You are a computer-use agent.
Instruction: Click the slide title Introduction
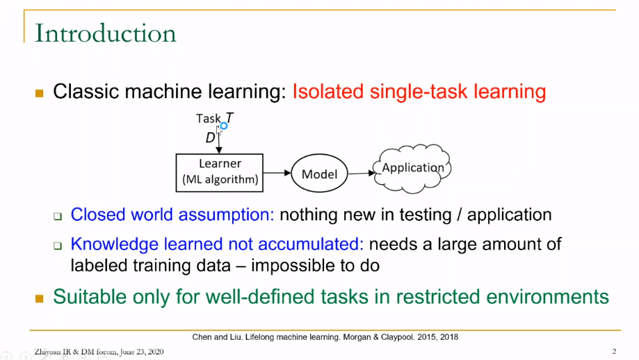click(x=106, y=33)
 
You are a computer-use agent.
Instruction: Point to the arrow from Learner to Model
click(x=277, y=172)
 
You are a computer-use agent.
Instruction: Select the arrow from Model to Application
click(x=362, y=173)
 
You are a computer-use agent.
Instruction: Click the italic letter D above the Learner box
click(x=210, y=138)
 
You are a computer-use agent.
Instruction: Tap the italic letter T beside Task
click(x=229, y=118)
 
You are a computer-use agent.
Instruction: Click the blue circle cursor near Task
click(x=224, y=126)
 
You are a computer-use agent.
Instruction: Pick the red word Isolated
click(x=327, y=91)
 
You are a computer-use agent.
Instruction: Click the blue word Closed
click(x=98, y=215)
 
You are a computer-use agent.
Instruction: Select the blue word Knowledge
click(x=115, y=244)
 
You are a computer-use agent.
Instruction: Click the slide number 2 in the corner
click(x=614, y=351)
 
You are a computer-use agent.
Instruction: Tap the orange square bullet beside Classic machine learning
click(x=40, y=93)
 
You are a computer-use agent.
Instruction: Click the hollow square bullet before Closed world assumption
click(x=58, y=216)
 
